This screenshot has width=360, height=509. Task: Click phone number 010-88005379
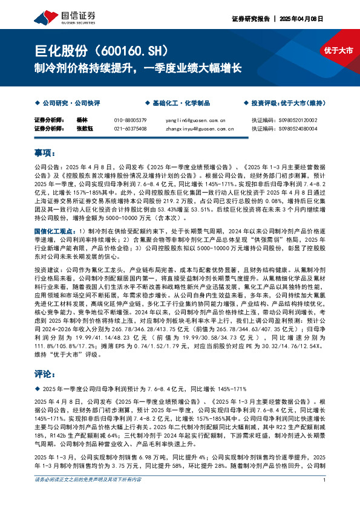point(131,120)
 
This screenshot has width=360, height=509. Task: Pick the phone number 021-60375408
point(131,128)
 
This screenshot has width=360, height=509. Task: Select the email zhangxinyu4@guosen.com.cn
point(199,128)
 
